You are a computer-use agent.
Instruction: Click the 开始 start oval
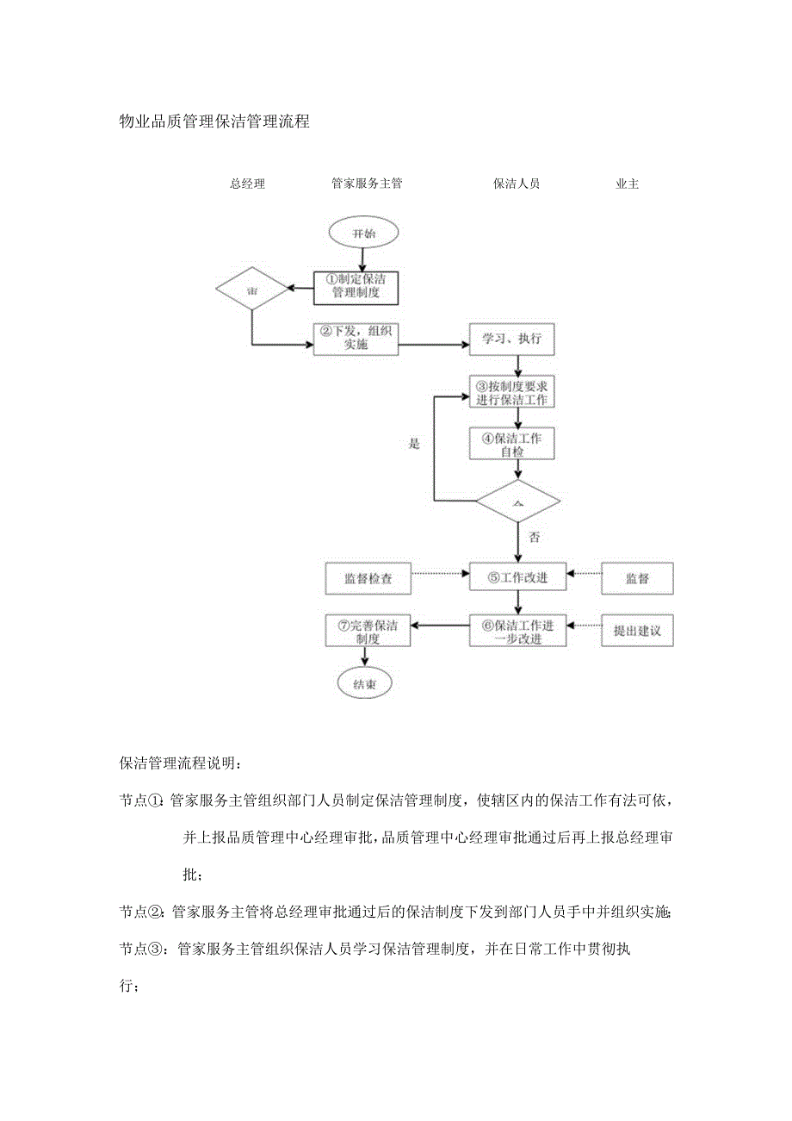363,233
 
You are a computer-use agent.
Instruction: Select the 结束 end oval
363,684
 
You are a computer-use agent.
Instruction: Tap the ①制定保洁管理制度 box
356,287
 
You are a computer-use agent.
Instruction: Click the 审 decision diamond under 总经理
252,292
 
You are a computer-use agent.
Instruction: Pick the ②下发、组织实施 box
356,339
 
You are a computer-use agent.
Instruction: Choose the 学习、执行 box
517,339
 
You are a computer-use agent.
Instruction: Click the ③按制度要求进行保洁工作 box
517,393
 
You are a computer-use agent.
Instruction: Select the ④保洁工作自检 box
517,444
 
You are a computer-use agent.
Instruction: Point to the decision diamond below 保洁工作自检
517,501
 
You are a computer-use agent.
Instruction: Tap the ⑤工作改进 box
517,578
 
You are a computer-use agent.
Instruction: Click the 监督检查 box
368,578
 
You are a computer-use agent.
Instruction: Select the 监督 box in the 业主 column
637,578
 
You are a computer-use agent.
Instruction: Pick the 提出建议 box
637,631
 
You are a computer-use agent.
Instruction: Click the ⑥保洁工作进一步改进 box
517,631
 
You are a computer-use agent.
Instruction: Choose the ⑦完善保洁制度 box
368,631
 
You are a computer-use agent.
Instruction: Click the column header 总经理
248,184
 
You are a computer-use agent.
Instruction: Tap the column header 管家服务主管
367,184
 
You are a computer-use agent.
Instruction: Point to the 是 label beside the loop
414,444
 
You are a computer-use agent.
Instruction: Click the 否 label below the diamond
534,538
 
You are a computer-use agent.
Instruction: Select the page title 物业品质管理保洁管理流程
214,122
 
